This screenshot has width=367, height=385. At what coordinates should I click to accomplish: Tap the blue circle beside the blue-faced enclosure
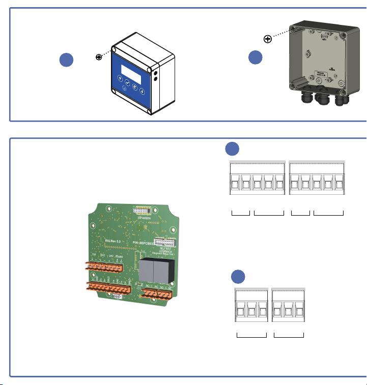[x=66, y=60]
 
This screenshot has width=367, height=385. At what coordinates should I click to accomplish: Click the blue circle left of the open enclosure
[x=256, y=58]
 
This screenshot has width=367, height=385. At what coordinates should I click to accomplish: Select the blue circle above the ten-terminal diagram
[x=233, y=149]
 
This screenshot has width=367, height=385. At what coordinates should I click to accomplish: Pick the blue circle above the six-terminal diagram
[x=237, y=277]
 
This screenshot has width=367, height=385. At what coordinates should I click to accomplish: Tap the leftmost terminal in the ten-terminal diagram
[x=236, y=182]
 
